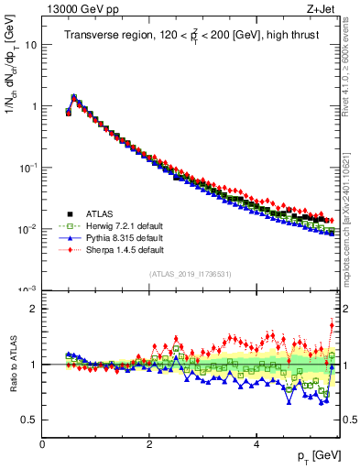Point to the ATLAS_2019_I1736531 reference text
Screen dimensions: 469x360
point(191,274)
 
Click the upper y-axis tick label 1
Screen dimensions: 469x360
point(33,106)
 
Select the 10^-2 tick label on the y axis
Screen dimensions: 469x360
point(27,228)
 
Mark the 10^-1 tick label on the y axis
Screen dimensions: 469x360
point(27,167)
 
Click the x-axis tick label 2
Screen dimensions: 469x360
point(149,443)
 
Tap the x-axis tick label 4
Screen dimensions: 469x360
point(256,443)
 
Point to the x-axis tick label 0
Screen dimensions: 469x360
point(42,443)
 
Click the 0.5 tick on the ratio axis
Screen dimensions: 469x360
point(29,420)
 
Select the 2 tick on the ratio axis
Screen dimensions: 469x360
point(33,309)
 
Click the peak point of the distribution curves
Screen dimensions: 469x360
point(73,95)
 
